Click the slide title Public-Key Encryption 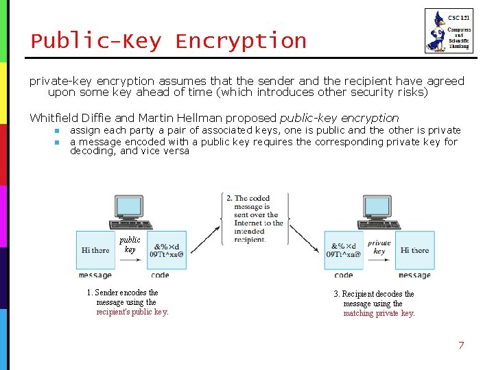[168, 41]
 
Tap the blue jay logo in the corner [436, 32]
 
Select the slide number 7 [461, 345]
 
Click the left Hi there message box [95, 250]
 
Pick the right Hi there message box [414, 250]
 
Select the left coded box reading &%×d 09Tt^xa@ [167, 250]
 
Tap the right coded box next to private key [344, 250]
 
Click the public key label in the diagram [130, 245]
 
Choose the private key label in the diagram [379, 247]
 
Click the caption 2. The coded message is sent [254, 219]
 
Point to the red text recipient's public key [132, 312]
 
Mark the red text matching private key [379, 313]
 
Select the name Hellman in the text [253, 118]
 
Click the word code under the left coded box [159, 275]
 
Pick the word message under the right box [414, 275]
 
